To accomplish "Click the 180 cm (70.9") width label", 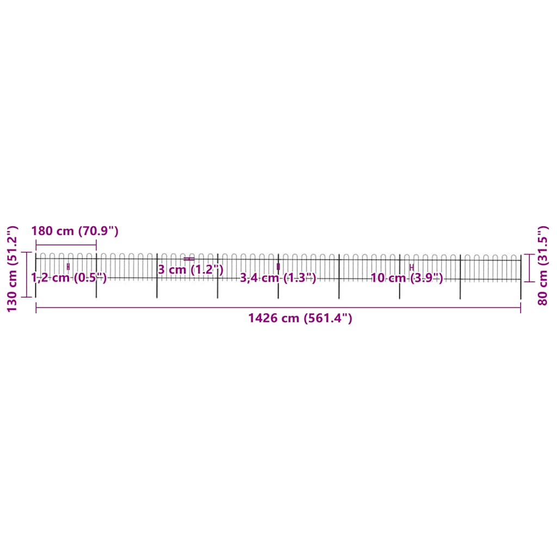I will pos(75,231).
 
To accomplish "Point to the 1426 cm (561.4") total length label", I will pos(300,318).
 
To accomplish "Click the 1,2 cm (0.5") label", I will pos(69,278).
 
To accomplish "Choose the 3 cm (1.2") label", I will pos(190,269).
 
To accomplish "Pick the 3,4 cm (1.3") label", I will pos(278,278).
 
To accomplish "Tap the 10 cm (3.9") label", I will pos(407,278).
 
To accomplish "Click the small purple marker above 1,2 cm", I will pos(68,267).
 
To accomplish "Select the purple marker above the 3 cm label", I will pos(189,259).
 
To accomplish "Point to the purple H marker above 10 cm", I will pos(412,267).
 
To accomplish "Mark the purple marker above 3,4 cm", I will pos(278,267).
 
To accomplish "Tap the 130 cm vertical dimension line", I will pos(26,275).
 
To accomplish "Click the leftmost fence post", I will pos(36,275).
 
